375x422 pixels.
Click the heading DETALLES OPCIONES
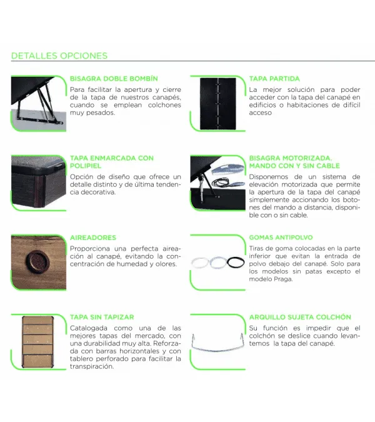click(x=59, y=56)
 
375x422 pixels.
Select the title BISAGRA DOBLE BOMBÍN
click(x=114, y=79)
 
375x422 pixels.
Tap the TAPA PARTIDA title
click(x=274, y=79)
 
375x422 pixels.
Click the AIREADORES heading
click(x=93, y=238)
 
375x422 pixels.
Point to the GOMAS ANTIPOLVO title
click(x=281, y=238)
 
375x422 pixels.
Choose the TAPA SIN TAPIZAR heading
click(x=102, y=317)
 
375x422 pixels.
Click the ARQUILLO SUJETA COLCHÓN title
click(x=300, y=317)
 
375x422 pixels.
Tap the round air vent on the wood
click(x=37, y=261)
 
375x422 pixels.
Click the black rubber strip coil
click(x=236, y=263)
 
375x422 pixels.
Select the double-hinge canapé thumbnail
click(x=39, y=103)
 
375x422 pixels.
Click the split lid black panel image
click(x=218, y=104)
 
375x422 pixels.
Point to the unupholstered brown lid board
click(x=37, y=342)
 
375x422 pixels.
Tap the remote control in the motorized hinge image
click(x=228, y=170)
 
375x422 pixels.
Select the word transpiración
click(x=92, y=366)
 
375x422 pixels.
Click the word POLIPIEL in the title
click(x=86, y=166)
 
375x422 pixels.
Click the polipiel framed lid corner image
click(x=39, y=183)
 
